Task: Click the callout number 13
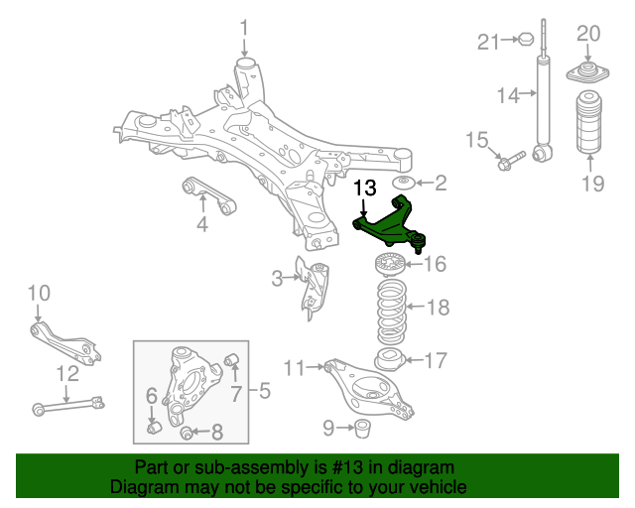click(x=365, y=188)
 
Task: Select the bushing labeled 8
click(x=188, y=432)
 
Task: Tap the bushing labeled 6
click(x=155, y=427)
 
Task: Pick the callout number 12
click(x=66, y=374)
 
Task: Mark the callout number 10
click(x=38, y=293)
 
